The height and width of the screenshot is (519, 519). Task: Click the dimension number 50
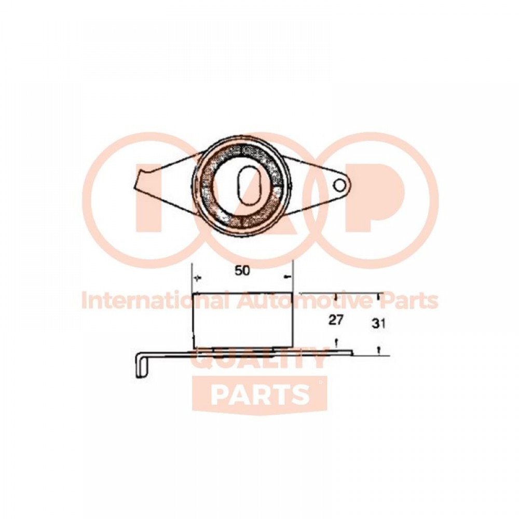242,271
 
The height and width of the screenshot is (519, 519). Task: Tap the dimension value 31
379,323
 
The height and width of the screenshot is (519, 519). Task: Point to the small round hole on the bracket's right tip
339,185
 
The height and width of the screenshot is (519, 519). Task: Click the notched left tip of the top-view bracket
141,181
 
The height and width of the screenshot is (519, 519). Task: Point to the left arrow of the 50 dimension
198,278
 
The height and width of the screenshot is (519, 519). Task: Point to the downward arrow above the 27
336,296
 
